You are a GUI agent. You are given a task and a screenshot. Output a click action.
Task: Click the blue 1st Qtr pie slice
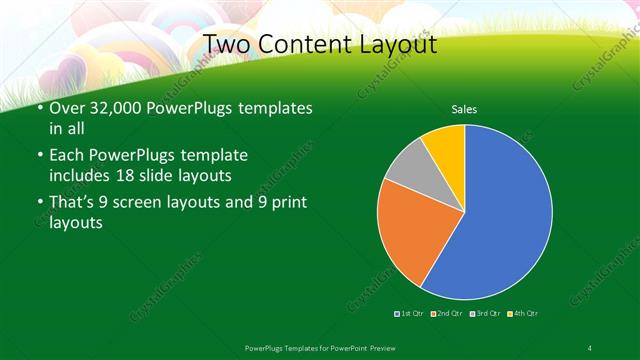tap(500, 215)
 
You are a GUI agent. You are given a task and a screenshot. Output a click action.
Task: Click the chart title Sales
tap(463, 109)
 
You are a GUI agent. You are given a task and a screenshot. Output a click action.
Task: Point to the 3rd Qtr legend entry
tap(484, 314)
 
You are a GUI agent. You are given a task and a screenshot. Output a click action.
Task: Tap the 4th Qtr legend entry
tap(522, 314)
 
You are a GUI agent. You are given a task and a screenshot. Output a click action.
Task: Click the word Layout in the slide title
tap(396, 44)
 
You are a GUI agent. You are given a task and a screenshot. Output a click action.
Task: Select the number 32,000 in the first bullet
tap(108, 107)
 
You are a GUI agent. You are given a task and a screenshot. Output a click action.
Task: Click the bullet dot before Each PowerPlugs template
tap(39, 156)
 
